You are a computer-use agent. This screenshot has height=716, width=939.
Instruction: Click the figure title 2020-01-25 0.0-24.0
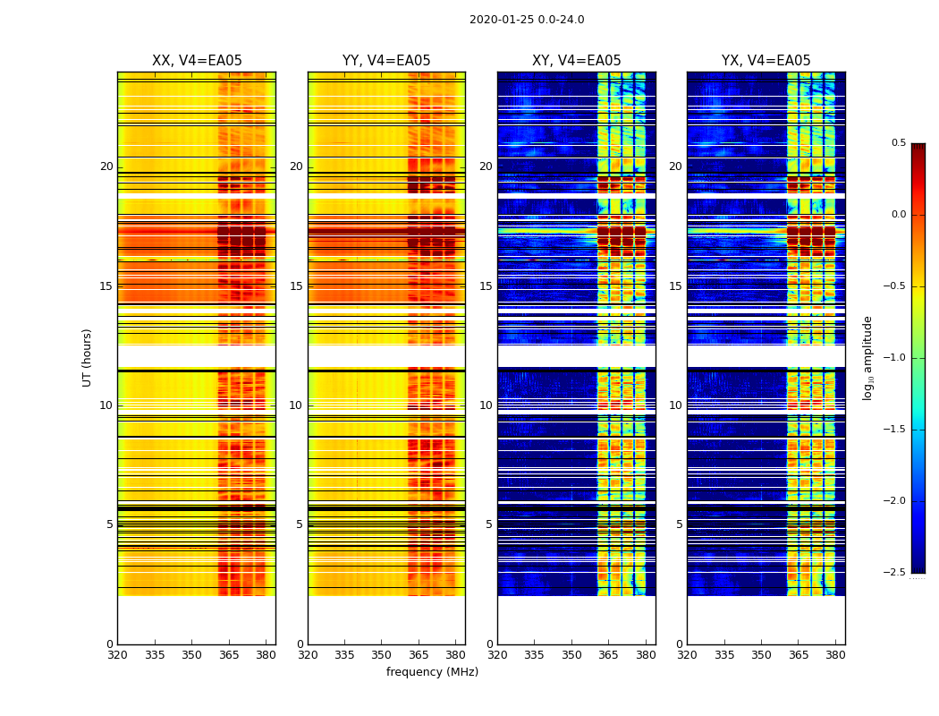pyautogui.click(x=527, y=20)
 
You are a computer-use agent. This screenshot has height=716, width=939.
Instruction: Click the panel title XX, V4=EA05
pyautogui.click(x=197, y=61)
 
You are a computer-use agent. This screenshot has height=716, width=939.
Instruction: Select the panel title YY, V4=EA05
pyautogui.click(x=386, y=61)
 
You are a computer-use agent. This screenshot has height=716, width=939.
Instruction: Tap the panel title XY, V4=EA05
pyautogui.click(x=576, y=61)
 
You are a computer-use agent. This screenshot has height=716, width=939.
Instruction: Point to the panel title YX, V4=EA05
pyautogui.click(x=766, y=61)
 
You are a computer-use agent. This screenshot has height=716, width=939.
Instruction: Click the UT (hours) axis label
pyautogui.click(x=88, y=357)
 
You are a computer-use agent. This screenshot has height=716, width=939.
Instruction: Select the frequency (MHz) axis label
pyautogui.click(x=432, y=672)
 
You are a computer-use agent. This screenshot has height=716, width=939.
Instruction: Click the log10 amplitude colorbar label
pyautogui.click(x=867, y=357)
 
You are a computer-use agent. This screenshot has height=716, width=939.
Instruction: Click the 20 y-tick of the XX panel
pyautogui.click(x=106, y=166)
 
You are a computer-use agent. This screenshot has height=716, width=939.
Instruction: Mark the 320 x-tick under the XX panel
pyautogui.click(x=117, y=654)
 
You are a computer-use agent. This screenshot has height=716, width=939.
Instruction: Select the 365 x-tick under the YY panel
pyautogui.click(x=419, y=654)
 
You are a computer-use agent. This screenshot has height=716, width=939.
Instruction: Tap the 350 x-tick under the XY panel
pyautogui.click(x=571, y=654)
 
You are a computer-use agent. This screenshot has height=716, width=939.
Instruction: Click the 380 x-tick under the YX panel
pyautogui.click(x=835, y=654)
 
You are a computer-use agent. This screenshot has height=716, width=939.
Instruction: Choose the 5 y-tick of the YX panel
pyautogui.click(x=678, y=524)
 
